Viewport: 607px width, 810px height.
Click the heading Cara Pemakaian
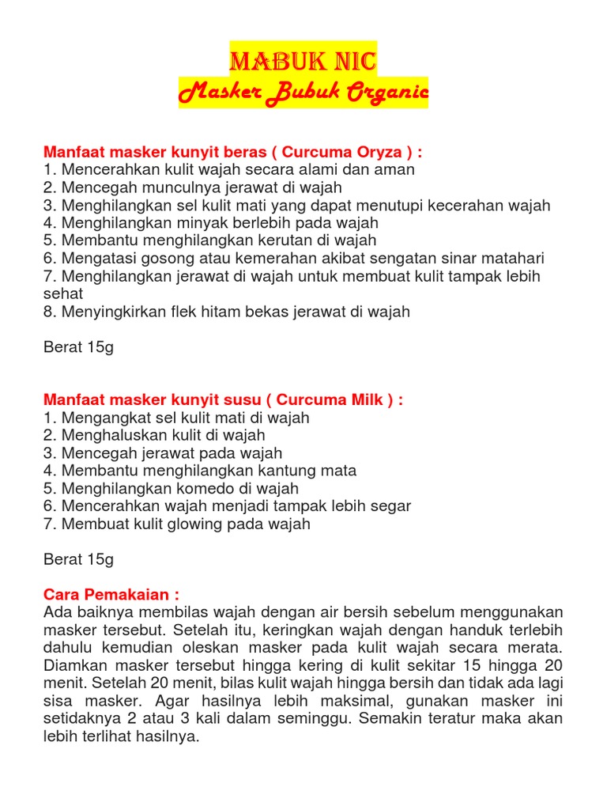click(111, 594)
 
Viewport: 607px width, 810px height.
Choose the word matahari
click(513, 258)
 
